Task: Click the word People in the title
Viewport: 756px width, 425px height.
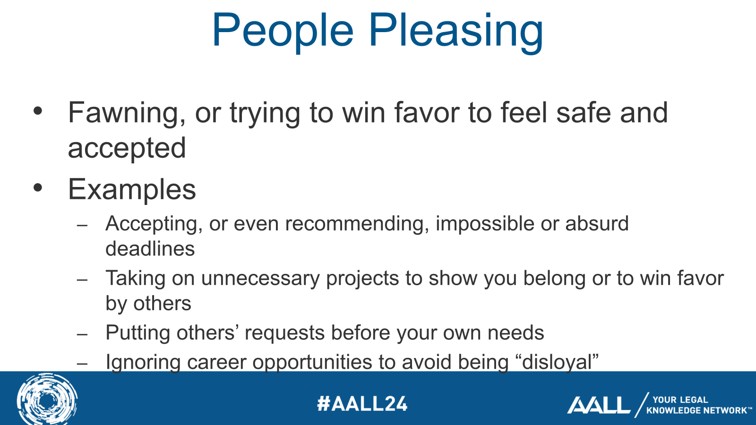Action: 283,31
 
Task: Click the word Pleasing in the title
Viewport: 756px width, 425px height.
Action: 455,31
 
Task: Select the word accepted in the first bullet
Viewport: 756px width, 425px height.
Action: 127,149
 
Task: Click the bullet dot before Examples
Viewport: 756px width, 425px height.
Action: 38,188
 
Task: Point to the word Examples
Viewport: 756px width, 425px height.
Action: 132,190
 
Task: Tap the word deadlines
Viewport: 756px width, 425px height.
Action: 150,249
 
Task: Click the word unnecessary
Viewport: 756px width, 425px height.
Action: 260,279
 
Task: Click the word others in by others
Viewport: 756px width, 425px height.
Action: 162,304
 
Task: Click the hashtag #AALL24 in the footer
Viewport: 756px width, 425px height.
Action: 362,404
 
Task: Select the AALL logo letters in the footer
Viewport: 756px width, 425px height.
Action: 599,405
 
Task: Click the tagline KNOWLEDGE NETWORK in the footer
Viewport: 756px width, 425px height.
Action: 696,410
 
